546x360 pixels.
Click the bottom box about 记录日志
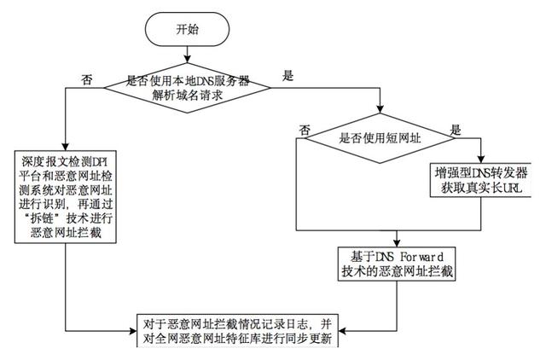coord(239,329)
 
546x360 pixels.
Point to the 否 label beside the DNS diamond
coord(86,79)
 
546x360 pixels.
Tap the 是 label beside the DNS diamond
coord(288,76)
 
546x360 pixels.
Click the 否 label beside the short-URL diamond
coord(305,129)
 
